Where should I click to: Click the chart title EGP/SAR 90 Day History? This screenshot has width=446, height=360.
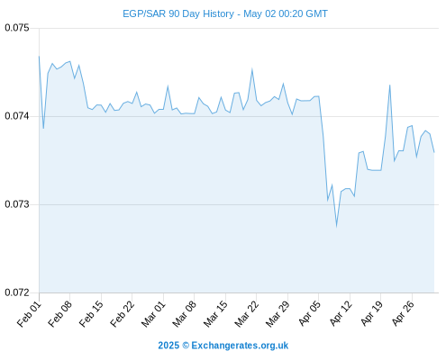178,13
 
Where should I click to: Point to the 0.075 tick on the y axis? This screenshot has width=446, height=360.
17,28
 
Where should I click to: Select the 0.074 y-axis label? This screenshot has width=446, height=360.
17,116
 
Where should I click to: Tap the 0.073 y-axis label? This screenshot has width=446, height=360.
17,204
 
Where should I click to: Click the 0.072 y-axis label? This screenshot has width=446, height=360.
17,292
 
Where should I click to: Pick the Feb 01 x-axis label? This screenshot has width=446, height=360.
30,314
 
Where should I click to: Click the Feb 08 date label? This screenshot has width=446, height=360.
60,314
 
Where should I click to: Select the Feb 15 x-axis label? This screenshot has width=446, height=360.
92,314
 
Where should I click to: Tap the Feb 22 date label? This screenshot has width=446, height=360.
123,314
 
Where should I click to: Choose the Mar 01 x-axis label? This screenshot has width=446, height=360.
154,314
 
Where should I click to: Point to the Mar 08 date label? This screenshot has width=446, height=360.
185,314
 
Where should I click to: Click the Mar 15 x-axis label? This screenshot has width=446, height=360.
216,314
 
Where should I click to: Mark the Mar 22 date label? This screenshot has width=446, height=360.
247,314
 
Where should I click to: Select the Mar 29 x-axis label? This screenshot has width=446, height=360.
278,314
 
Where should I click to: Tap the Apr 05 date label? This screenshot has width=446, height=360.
310,314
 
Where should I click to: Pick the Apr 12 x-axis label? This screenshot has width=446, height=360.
341,314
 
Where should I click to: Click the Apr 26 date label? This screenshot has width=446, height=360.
403,314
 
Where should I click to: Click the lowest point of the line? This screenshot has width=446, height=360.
336,227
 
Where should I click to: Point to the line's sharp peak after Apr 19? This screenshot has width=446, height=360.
389,85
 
